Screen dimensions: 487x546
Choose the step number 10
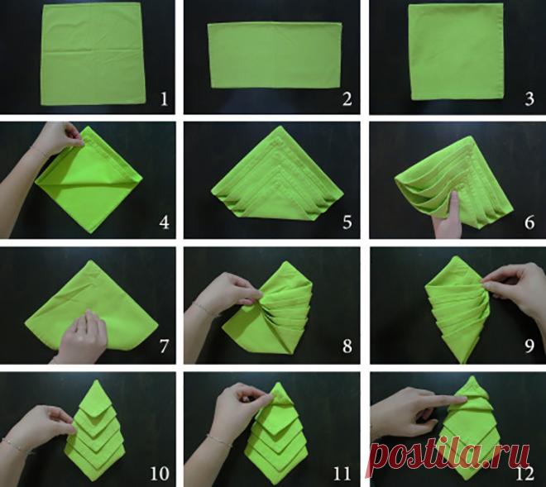click(x=160, y=472)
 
